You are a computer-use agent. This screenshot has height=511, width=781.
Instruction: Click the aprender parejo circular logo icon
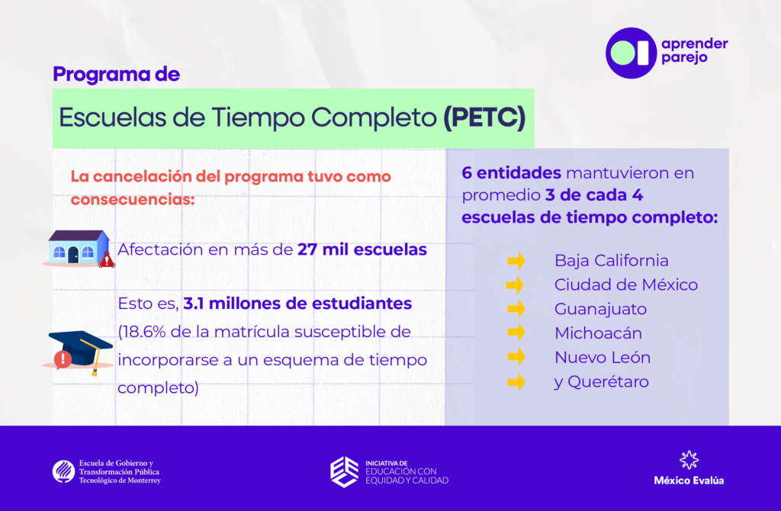(x=631, y=53)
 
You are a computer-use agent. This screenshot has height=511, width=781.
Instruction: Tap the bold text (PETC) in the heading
(x=484, y=117)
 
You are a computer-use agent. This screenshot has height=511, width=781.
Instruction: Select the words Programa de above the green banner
(x=116, y=74)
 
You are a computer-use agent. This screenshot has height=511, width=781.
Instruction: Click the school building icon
(x=79, y=249)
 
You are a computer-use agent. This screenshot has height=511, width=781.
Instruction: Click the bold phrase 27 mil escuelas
(x=362, y=249)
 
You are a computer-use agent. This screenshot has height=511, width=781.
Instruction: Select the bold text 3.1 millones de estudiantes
(x=297, y=304)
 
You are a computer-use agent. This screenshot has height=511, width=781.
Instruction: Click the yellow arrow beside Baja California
(x=516, y=261)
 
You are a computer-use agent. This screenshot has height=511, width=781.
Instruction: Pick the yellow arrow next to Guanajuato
(x=516, y=309)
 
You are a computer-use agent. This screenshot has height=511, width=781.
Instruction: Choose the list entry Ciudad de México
(x=626, y=285)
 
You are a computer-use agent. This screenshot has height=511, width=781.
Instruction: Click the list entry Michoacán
(x=598, y=333)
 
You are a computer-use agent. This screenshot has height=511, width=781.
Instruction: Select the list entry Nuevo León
(x=603, y=357)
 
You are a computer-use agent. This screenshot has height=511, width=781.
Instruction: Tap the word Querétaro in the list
(x=608, y=382)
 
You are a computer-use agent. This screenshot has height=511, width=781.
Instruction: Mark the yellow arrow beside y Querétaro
(x=516, y=382)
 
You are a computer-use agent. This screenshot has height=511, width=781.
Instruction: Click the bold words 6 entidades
(x=511, y=173)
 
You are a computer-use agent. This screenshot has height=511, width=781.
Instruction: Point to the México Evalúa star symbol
(x=689, y=460)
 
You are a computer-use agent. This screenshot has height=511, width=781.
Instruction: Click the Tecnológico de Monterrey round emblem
(x=64, y=471)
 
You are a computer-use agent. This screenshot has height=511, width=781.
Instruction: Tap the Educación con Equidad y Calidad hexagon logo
(x=344, y=471)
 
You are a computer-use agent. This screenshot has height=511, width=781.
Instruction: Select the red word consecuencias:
(x=133, y=199)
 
